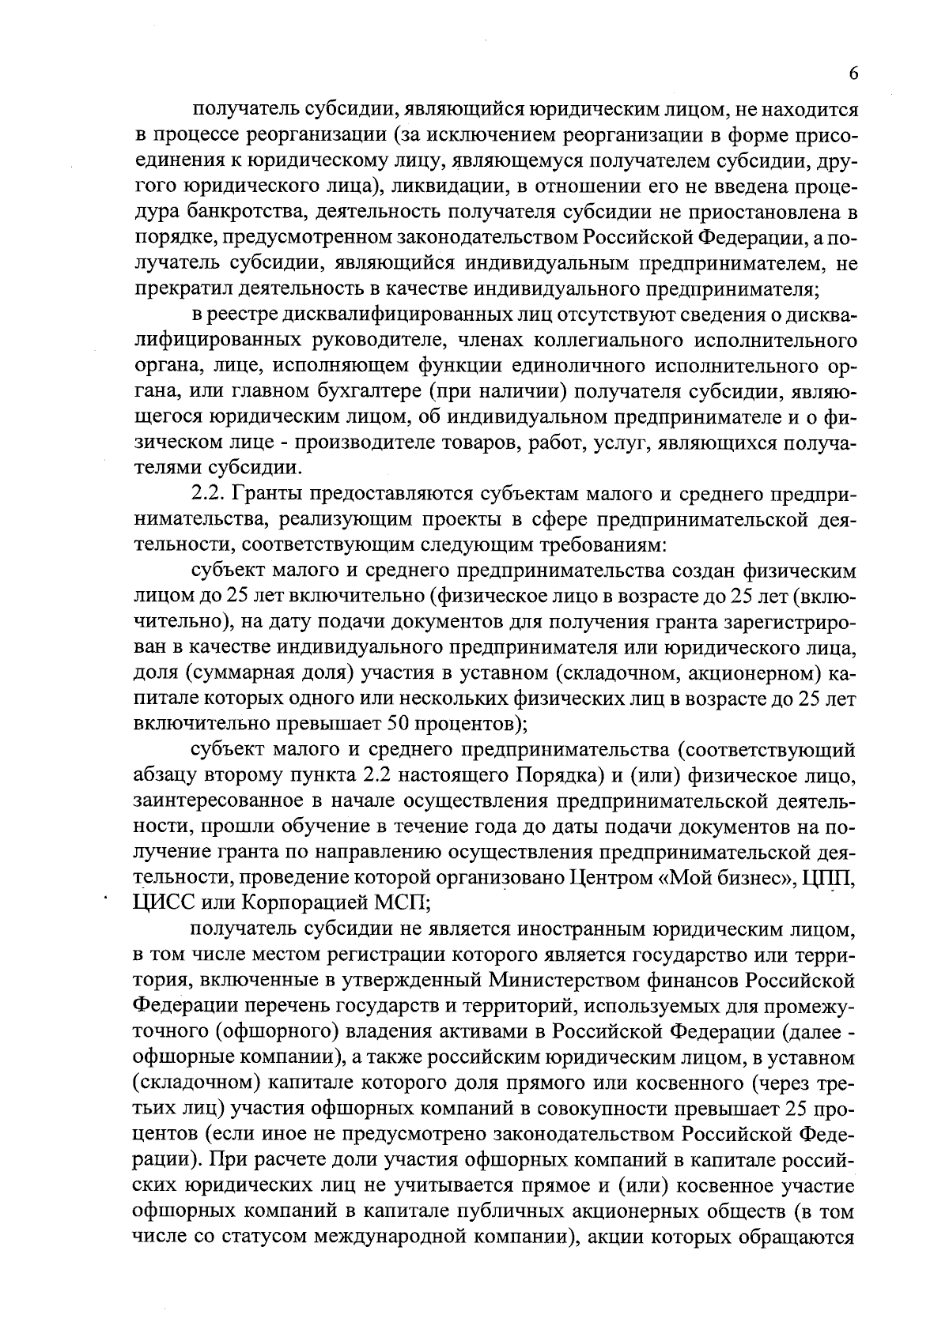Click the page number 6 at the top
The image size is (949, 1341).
click(853, 73)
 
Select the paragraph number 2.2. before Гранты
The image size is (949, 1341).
click(210, 495)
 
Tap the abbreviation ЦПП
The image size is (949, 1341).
click(830, 878)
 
